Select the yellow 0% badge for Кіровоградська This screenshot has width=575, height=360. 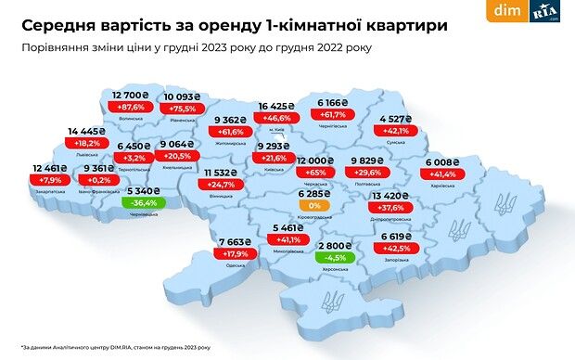tap(314, 205)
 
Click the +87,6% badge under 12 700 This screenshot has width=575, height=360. tap(131, 107)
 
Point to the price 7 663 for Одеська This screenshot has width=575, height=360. tap(236, 241)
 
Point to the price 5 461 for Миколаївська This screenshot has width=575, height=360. tap(288, 227)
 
